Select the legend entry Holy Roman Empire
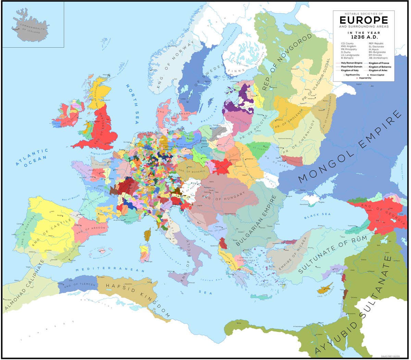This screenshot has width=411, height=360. coord(351,63)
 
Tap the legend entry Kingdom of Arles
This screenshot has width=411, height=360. coord(378,70)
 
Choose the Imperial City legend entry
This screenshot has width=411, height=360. coord(365,78)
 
